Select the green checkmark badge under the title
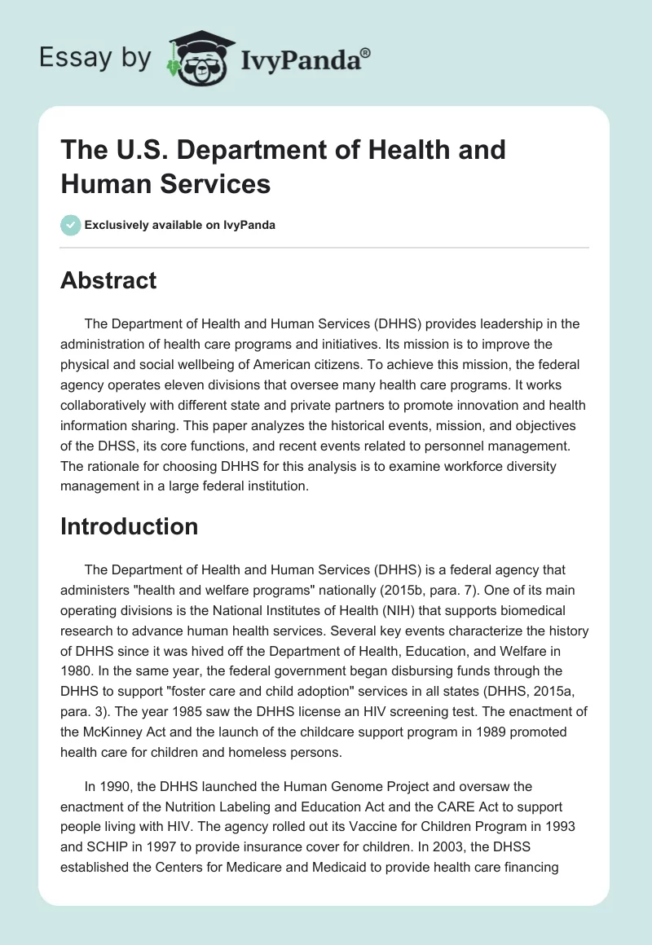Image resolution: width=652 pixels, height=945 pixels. tap(71, 225)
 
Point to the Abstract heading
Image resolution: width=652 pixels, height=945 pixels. tap(108, 280)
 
